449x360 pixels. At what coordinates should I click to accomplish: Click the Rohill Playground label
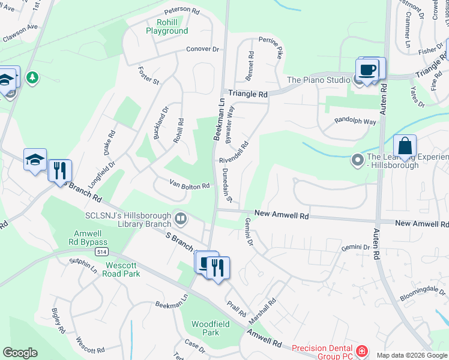167,26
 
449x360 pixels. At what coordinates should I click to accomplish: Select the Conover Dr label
203,49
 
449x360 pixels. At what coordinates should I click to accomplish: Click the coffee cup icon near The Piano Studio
367,70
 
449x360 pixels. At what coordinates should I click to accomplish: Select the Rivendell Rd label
234,154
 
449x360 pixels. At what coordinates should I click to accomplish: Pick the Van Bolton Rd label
189,185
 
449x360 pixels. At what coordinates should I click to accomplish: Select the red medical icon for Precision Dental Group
362,351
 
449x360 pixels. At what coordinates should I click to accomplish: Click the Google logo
20,353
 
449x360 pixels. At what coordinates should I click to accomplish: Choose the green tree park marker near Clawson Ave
32,77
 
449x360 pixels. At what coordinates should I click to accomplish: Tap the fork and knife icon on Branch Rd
59,170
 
